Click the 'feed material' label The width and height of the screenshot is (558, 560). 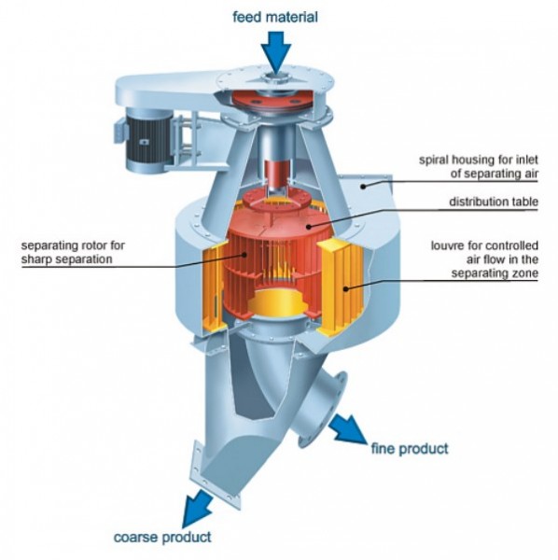coord(275,17)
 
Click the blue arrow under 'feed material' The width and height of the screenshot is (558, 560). coord(275,51)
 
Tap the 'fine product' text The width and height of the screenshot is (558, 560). coord(410,448)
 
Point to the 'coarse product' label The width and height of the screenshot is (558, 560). coord(162,538)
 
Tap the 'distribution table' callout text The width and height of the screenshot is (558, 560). coord(494,202)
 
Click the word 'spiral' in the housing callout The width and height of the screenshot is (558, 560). coord(435,160)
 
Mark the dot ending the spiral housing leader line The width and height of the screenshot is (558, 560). coord(363,186)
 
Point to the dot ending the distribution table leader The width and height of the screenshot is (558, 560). coord(309,226)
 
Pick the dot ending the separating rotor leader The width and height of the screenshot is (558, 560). coord(244,255)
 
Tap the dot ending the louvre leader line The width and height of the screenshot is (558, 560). coord(346,288)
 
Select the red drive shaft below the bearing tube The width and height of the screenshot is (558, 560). coord(277,175)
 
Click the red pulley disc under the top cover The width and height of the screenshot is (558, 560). coord(272,100)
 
